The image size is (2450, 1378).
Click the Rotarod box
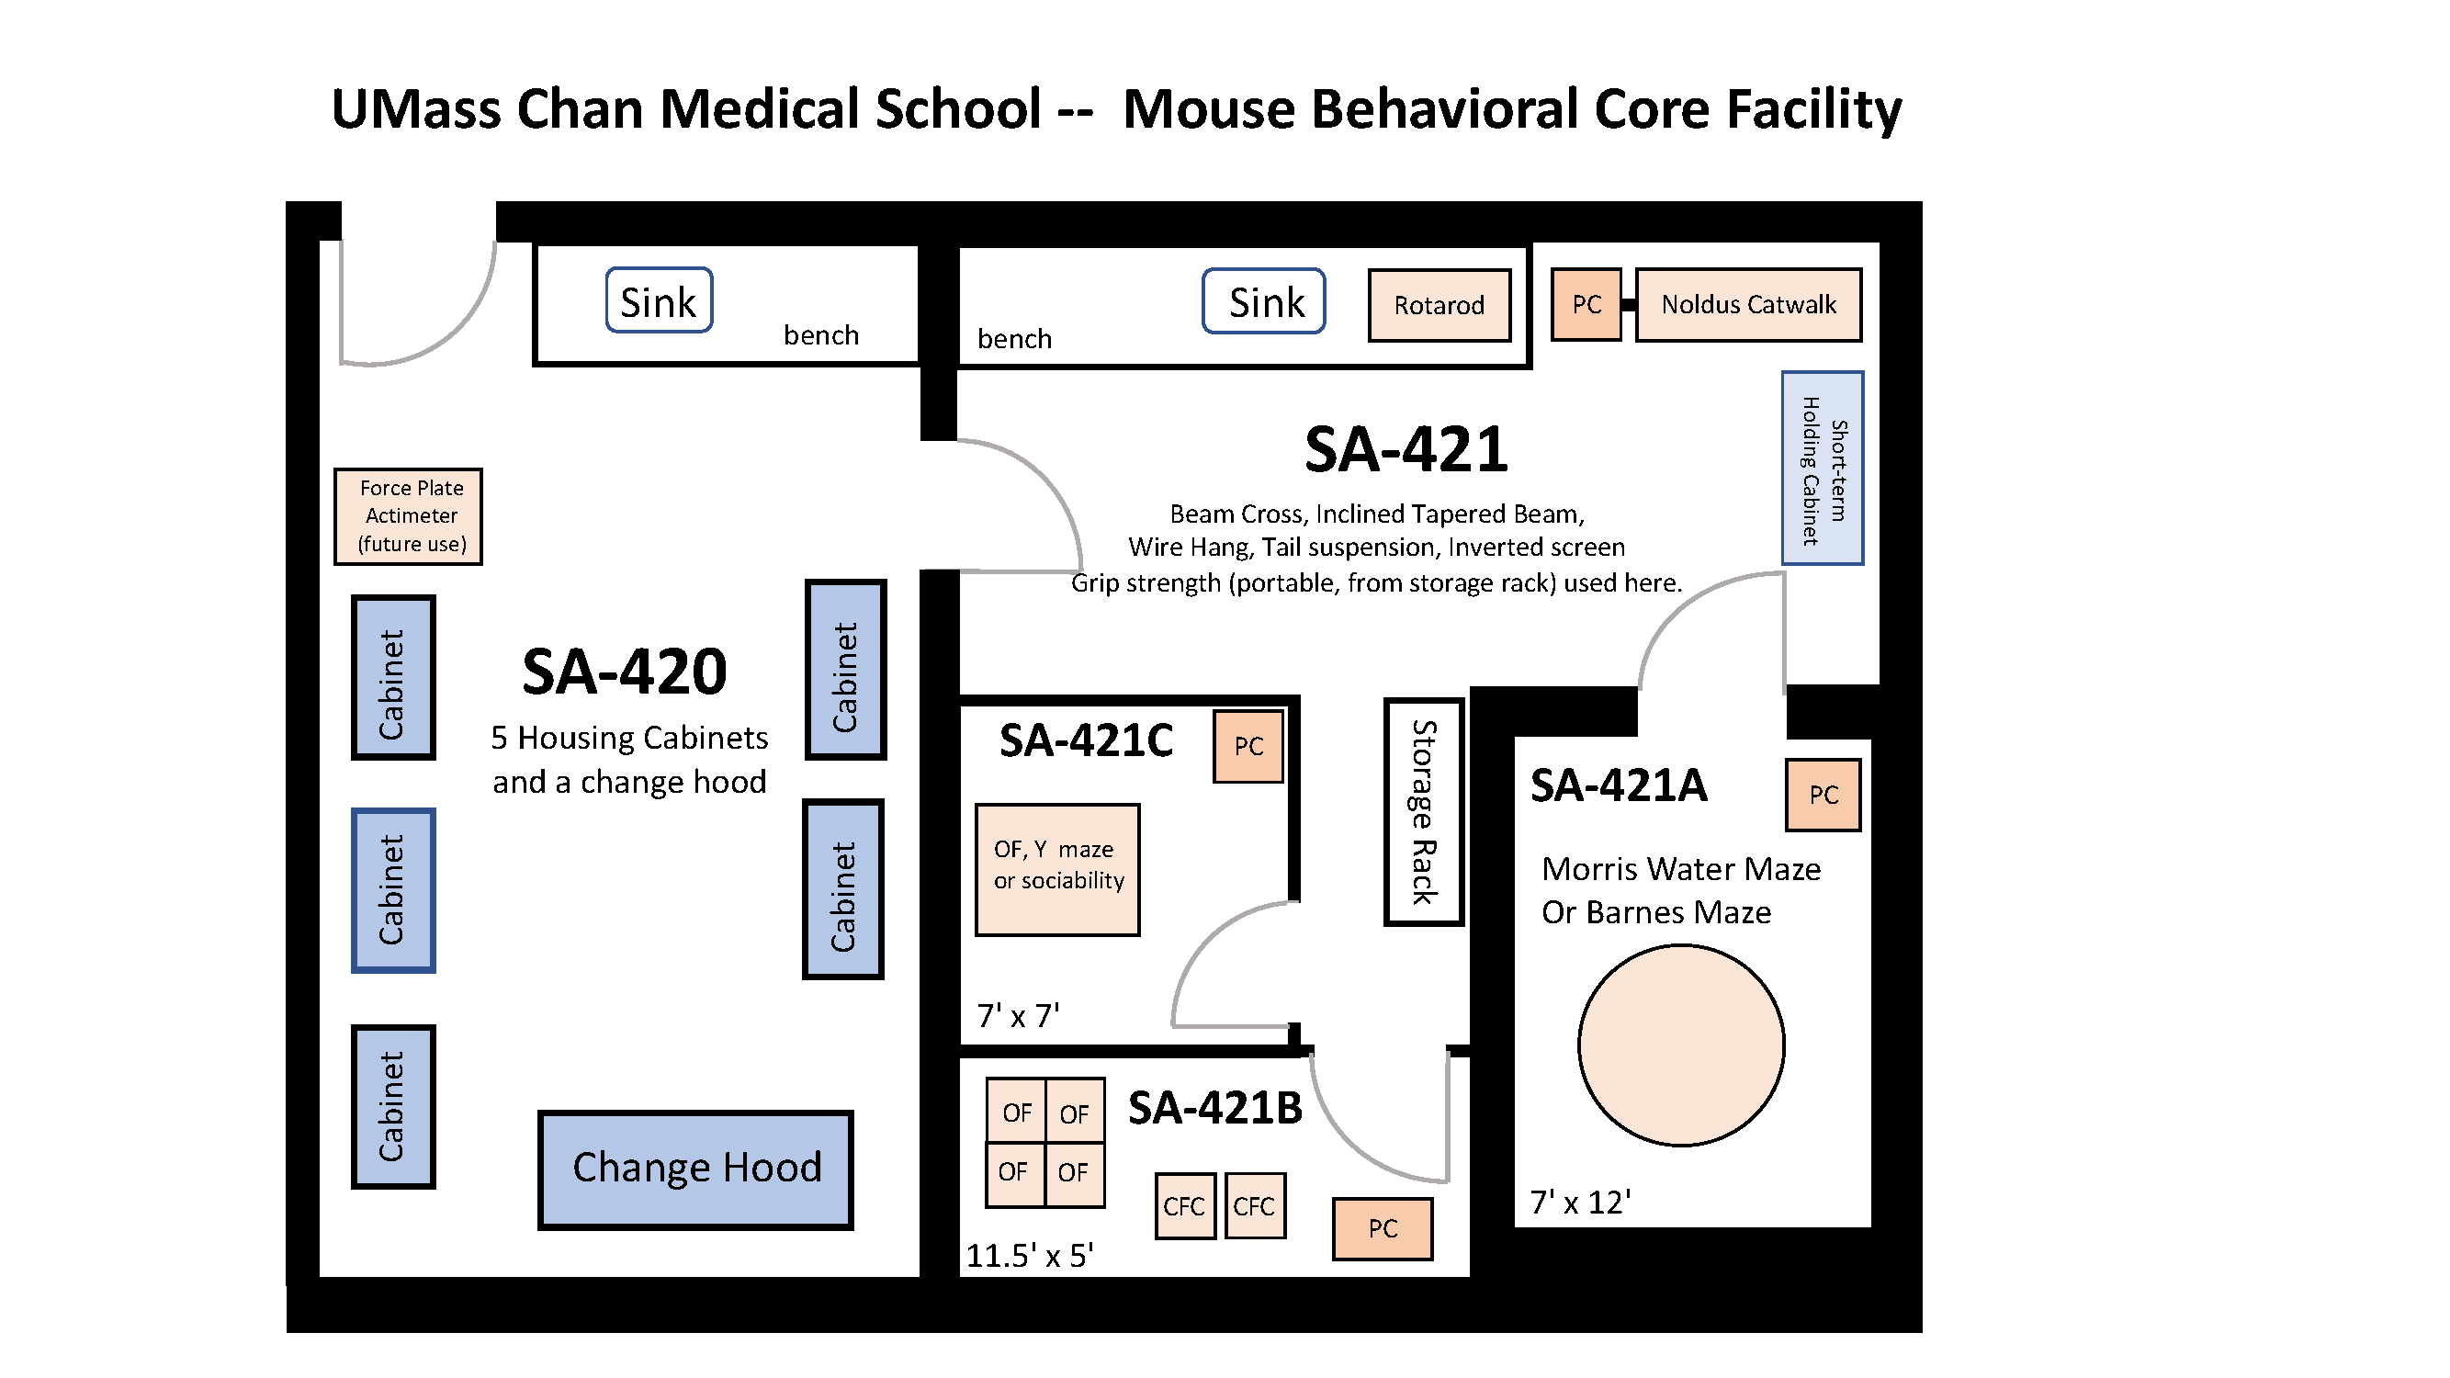[1438, 305]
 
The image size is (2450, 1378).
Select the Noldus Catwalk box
[1747, 304]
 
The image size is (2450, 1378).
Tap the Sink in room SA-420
[658, 300]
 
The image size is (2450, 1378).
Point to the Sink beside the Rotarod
[1263, 301]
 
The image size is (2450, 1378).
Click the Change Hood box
[695, 1169]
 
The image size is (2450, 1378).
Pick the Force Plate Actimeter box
[408, 516]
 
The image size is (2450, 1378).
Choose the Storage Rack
[1423, 811]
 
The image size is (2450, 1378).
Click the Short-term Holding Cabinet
[1822, 468]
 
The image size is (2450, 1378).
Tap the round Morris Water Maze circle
[1680, 1045]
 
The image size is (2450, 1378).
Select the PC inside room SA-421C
[1248, 747]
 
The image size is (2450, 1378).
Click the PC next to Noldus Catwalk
[1586, 304]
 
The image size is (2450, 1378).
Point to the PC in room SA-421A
[1823, 795]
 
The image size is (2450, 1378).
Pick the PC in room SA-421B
[1382, 1228]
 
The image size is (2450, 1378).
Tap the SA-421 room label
[1405, 450]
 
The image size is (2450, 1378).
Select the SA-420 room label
[624, 672]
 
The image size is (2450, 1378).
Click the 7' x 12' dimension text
[1580, 1202]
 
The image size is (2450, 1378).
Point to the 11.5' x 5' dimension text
[1029, 1255]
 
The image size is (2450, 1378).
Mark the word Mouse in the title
[1208, 109]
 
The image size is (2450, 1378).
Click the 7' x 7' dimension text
[1018, 1016]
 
